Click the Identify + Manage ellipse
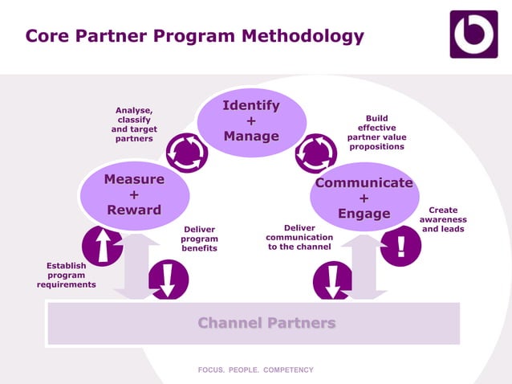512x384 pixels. tap(251, 121)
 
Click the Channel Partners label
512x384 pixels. tap(266, 323)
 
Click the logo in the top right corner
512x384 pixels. tap(473, 35)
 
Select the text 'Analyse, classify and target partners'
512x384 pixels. tap(134, 125)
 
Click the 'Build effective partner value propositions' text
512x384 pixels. tap(376, 133)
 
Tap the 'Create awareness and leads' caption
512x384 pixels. tap(443, 219)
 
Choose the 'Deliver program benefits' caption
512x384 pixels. tap(199, 239)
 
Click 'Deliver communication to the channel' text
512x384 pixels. tap(299, 238)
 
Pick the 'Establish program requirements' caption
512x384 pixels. tap(66, 275)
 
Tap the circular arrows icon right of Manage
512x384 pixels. tap(315, 153)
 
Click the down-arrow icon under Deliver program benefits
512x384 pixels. tap(168, 280)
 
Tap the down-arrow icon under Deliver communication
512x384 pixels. tap(333, 280)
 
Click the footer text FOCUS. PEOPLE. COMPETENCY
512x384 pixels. tap(256, 370)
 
